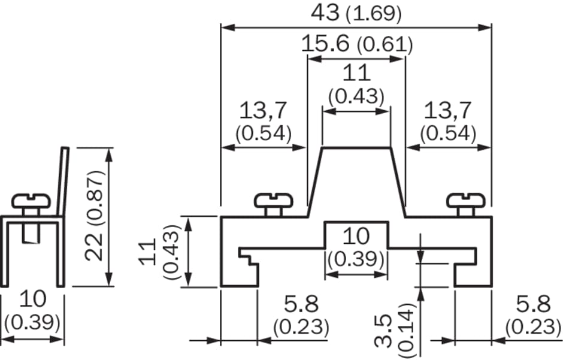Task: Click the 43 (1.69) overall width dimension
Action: coord(356,14)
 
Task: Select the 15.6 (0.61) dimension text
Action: coord(357,44)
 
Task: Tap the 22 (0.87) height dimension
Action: coord(95,216)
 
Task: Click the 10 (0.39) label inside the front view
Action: coord(356,247)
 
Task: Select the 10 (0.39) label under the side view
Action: coord(32,311)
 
